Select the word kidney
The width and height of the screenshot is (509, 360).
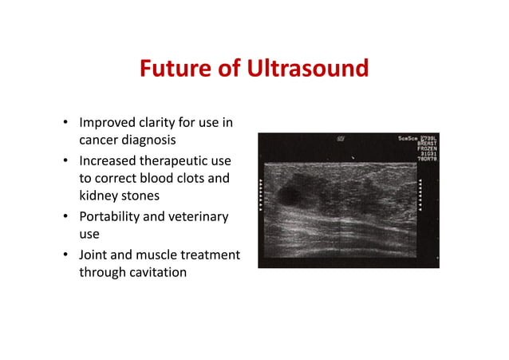pos(98,196)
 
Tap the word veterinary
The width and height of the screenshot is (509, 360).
pos(199,216)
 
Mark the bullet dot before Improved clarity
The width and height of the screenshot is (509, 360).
pos(65,124)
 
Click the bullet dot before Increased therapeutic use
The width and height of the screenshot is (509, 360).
pos(65,161)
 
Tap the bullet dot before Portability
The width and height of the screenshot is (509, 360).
pos(65,217)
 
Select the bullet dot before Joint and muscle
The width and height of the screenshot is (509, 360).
pos(65,255)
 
